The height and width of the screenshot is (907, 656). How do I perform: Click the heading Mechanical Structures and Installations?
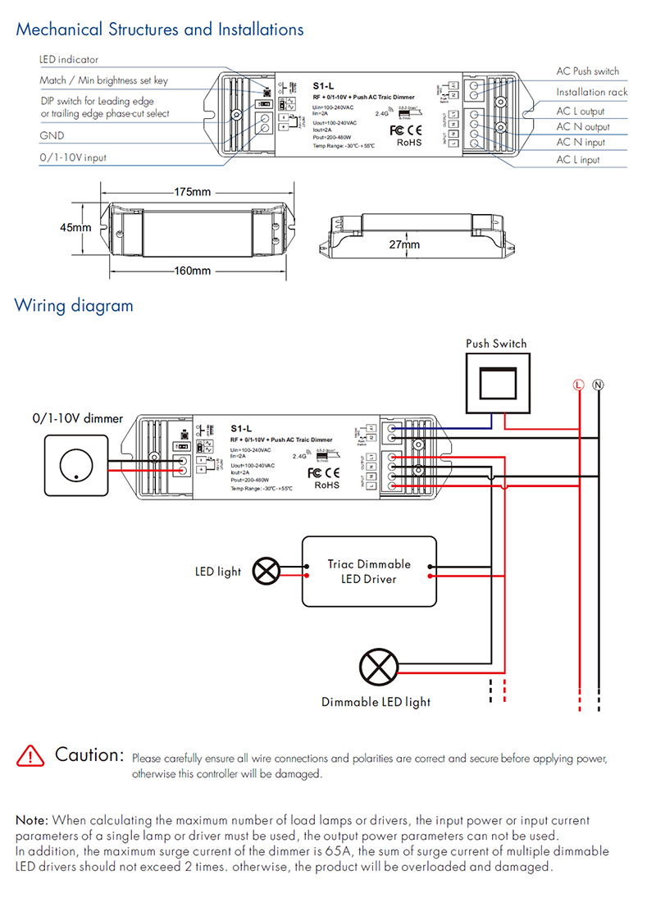coord(160,30)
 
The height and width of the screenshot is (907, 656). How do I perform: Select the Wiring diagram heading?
coord(74,306)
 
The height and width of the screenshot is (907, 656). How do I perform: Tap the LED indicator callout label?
coord(69,60)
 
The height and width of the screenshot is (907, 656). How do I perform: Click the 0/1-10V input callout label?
coord(73,157)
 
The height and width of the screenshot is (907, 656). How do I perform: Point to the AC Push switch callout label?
coord(588,71)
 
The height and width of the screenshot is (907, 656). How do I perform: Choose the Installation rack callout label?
coord(591,93)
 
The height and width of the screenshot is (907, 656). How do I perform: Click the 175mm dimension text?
coord(192,192)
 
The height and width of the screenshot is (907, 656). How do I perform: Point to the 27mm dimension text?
coord(403,244)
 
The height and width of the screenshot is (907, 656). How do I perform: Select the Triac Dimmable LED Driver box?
coord(369,572)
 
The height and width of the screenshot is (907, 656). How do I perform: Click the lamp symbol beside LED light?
coord(266,572)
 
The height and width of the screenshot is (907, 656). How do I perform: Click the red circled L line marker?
coord(578,384)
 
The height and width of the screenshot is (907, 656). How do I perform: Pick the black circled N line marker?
coord(598,384)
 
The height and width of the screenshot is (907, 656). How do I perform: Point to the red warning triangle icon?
coord(30,755)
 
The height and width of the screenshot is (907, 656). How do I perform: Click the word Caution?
coord(89,754)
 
